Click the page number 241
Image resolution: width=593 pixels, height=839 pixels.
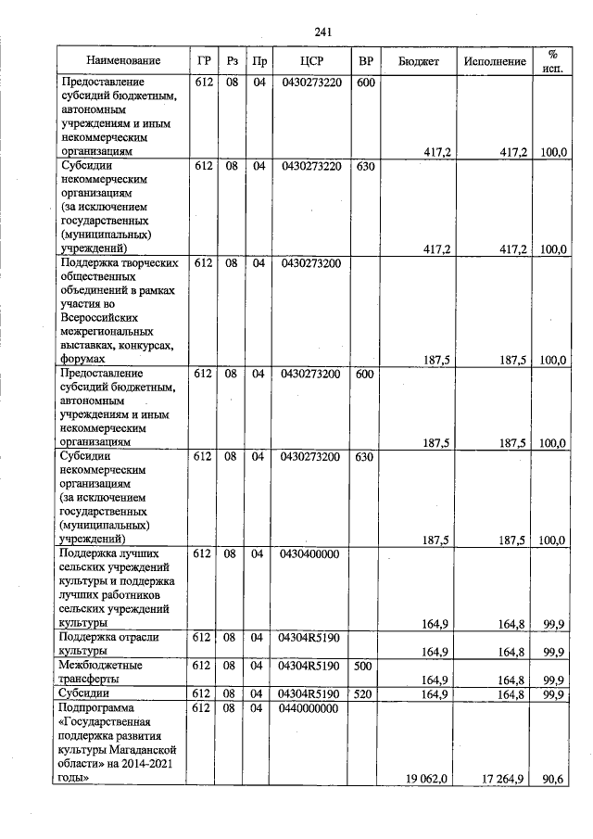(322, 32)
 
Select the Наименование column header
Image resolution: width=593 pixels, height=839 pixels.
(123, 61)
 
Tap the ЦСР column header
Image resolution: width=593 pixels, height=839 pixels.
(310, 61)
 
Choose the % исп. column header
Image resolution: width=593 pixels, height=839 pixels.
(552, 61)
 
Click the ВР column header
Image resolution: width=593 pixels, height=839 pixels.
(366, 61)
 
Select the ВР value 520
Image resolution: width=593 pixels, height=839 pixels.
(366, 693)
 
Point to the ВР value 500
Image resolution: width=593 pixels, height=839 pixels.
(366, 665)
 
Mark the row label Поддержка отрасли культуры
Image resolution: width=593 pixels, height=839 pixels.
(108, 643)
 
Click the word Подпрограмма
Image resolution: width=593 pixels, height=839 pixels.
(96, 708)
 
